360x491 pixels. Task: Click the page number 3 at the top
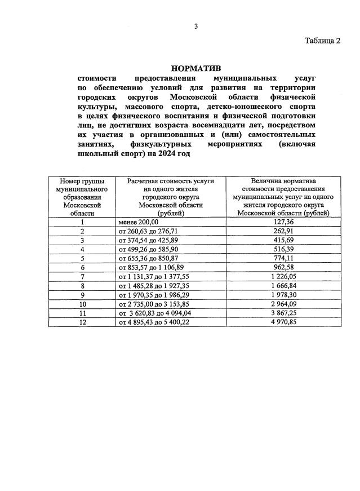click(196, 26)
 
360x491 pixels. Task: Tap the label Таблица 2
click(323, 41)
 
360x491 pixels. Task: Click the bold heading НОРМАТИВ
click(196, 68)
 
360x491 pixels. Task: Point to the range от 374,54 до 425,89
click(148, 240)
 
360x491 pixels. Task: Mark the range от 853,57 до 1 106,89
click(150, 267)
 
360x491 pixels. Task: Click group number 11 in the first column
click(82, 313)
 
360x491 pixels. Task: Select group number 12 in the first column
click(82, 322)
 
